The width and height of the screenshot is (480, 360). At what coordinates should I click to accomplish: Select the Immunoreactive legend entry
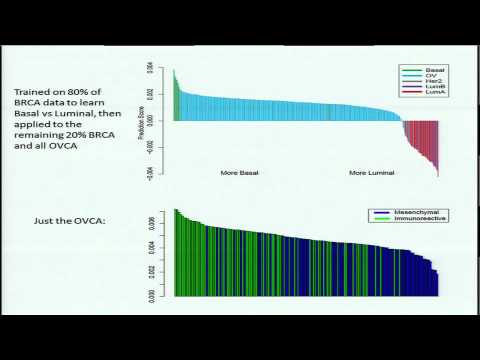[409, 220]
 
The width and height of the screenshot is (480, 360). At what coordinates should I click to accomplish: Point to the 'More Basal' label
[241, 172]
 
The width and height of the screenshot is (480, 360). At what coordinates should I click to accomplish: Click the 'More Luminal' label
[371, 172]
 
